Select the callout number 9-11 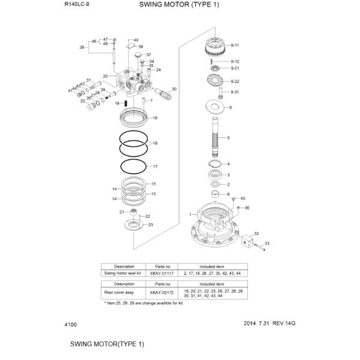235,46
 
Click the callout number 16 155,118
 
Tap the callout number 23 151,225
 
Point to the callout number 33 267,243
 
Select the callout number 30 174,89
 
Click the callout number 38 82,46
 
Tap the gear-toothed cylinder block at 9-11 214,45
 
